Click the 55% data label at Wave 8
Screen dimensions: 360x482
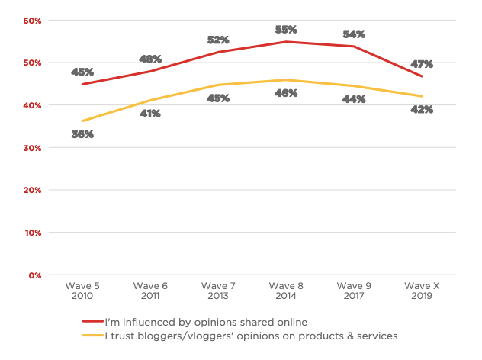286,30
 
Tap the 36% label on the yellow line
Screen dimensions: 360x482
82,134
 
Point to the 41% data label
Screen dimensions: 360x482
150,114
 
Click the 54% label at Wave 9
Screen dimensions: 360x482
354,34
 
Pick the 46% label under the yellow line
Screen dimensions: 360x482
286,93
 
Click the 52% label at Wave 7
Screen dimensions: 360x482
218,40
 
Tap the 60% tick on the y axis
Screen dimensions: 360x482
32,20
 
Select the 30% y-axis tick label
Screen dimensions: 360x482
32,147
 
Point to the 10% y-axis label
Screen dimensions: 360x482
32,232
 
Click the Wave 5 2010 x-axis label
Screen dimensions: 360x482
82,291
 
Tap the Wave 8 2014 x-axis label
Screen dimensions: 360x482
285,291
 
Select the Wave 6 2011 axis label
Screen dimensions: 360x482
150,291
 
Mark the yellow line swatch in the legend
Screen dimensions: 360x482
92,335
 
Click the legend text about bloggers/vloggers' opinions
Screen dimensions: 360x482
252,335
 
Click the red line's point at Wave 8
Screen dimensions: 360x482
286,42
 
